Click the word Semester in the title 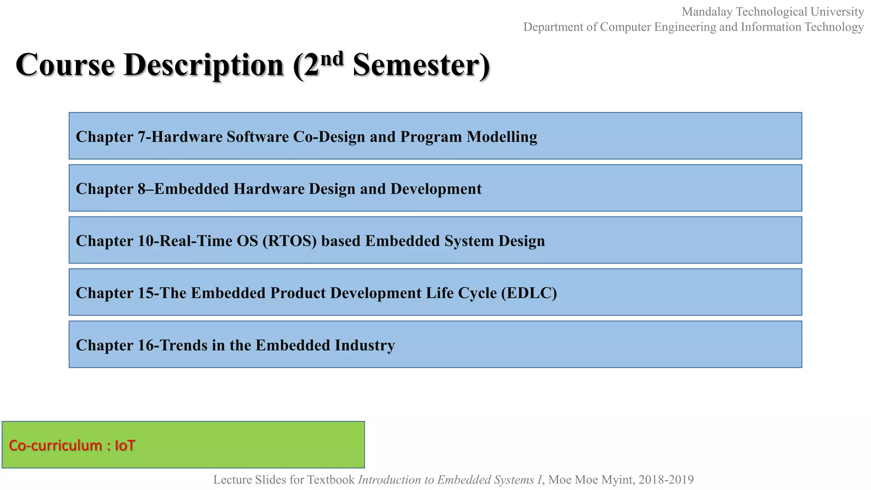click(x=416, y=66)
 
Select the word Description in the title click(x=203, y=66)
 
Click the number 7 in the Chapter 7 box click(x=142, y=137)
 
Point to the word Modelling click(x=502, y=137)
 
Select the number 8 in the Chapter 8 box click(x=142, y=189)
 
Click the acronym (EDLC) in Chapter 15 click(x=529, y=293)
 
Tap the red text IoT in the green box click(x=125, y=445)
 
